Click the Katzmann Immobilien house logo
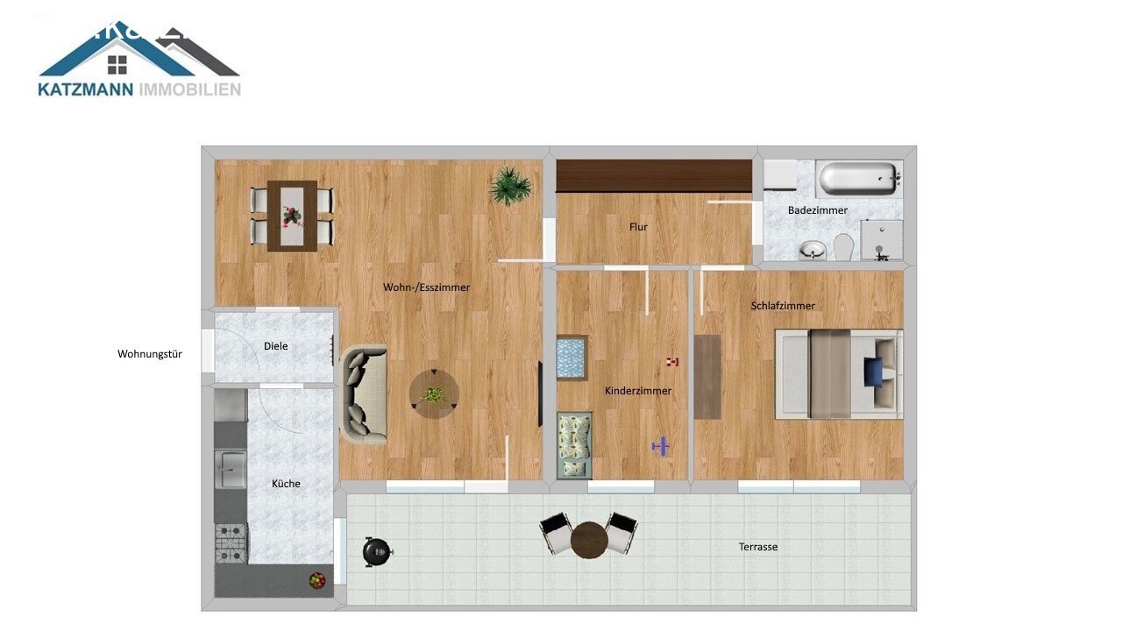(138, 58)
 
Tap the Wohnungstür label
(150, 354)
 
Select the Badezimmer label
(818, 210)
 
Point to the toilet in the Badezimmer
(844, 246)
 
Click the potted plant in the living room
(511, 186)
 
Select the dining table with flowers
(292, 216)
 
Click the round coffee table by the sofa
(434, 393)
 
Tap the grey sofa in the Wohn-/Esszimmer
(363, 394)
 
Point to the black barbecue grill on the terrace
(377, 551)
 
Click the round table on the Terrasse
(589, 539)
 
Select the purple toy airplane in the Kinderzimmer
(661, 447)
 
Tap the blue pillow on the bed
(873, 372)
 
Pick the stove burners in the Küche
(231, 542)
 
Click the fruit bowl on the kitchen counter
(317, 579)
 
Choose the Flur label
(638, 227)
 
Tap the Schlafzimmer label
(783, 306)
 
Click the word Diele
(275, 346)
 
